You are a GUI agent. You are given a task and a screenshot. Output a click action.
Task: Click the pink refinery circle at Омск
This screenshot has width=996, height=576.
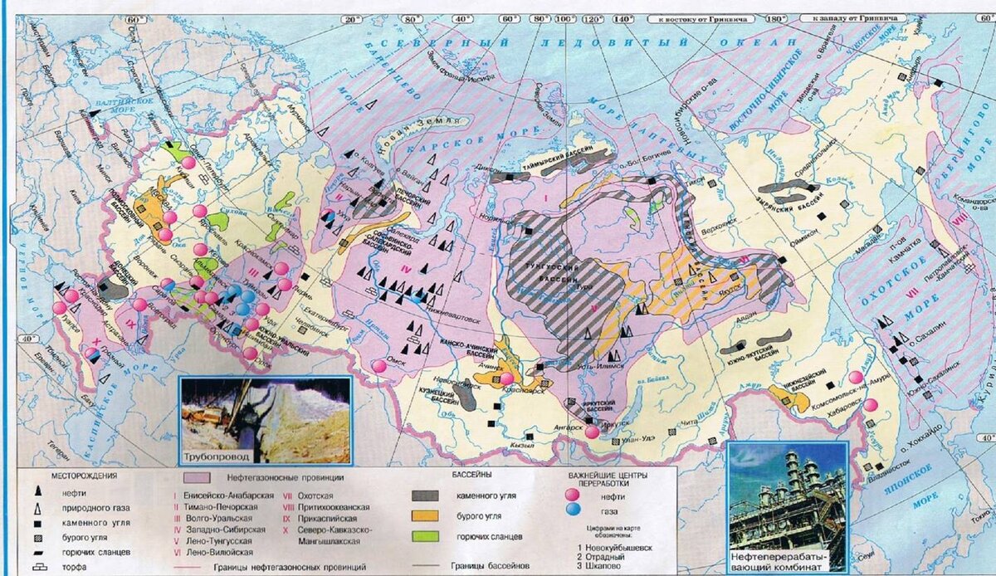click(x=379, y=366)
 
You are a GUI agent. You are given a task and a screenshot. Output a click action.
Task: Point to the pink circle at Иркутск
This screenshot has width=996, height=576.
click(x=592, y=432)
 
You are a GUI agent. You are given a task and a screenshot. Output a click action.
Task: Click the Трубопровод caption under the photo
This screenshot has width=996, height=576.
click(x=211, y=458)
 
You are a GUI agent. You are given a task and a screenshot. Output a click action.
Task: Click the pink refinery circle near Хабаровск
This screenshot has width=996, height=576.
click(x=871, y=405)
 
